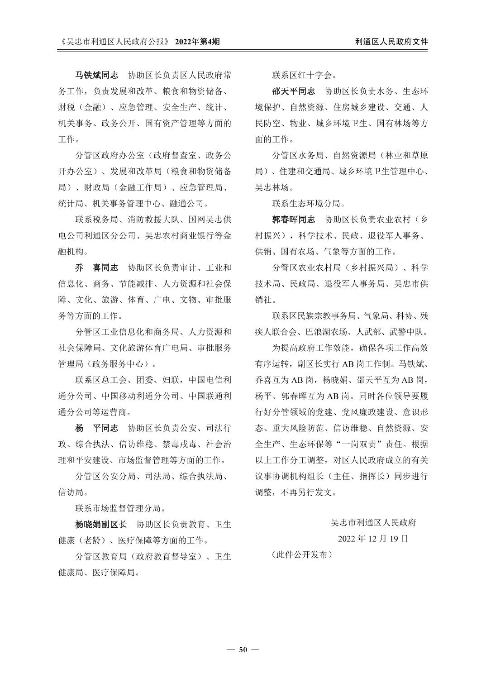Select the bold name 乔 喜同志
pyautogui.click(x=96, y=268)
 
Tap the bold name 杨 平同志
pyautogui.click(x=96, y=428)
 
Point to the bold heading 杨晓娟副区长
pyautogui.click(x=101, y=525)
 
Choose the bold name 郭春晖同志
pyautogui.click(x=293, y=220)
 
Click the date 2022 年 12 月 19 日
pyautogui.click(x=373, y=539)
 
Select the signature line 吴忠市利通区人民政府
pyautogui.click(x=373, y=522)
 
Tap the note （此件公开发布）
pyautogui.click(x=302, y=554)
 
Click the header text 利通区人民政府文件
pyautogui.click(x=392, y=42)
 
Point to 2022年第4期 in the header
pyautogui.click(x=197, y=42)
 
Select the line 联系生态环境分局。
pyautogui.click(x=308, y=203)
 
